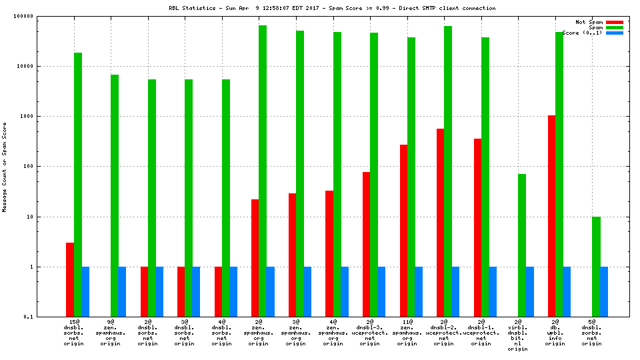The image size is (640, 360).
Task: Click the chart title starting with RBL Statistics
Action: tap(332, 8)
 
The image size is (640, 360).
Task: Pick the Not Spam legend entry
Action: tap(589, 22)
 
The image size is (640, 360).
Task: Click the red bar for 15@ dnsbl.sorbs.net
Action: tap(70, 279)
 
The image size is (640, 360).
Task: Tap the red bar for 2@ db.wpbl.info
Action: tap(551, 216)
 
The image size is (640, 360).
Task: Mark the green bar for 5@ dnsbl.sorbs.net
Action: tap(596, 267)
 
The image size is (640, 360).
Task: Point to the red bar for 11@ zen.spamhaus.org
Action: tap(403, 231)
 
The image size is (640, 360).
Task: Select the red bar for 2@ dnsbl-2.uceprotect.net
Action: tap(441, 223)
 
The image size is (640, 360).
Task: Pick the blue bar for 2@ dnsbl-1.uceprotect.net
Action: tap(493, 291)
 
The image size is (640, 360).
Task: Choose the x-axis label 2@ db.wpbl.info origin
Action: tap(559, 333)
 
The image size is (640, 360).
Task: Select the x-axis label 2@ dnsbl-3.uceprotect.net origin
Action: tap(374, 333)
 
